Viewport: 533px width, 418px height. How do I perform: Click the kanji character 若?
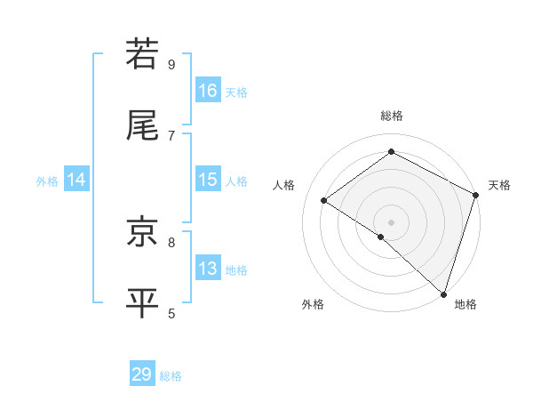pyautogui.click(x=142, y=55)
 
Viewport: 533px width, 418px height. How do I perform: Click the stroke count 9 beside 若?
pyautogui.click(x=171, y=65)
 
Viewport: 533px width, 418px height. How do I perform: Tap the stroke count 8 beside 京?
pyautogui.click(x=171, y=241)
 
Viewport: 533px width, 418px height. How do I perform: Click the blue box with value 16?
pyautogui.click(x=208, y=91)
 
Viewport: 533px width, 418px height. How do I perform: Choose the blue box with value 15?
pyautogui.click(x=208, y=180)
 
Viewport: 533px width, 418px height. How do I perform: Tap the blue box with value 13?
pyautogui.click(x=208, y=269)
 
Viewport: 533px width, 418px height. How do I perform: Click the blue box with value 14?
pyautogui.click(x=76, y=180)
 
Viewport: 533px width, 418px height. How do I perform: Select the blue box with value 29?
pyautogui.click(x=142, y=374)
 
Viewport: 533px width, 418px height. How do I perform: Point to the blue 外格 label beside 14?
pyautogui.click(x=47, y=181)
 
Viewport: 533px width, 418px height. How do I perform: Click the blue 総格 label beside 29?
pyautogui.click(x=171, y=376)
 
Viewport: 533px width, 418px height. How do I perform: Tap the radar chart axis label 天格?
pyautogui.click(x=499, y=185)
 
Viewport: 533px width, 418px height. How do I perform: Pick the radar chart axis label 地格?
pyautogui.click(x=465, y=305)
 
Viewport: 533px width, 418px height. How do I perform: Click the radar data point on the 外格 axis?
pyautogui.click(x=381, y=237)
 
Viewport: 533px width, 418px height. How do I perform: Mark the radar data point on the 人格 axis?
pyautogui.click(x=324, y=200)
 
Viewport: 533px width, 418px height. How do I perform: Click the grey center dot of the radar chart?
pyautogui.click(x=391, y=221)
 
